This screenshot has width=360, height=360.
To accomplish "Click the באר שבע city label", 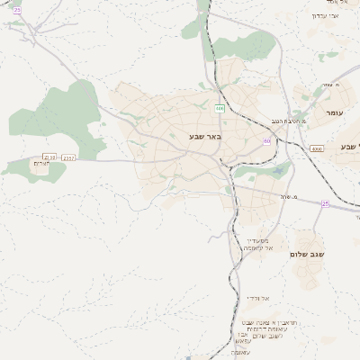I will [x=207, y=137].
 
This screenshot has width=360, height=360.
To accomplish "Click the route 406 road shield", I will [x=220, y=108].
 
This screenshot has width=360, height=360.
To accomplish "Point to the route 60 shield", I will [x=266, y=141].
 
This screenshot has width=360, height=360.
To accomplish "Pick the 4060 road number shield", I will [x=316, y=148].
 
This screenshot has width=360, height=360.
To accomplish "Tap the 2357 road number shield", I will [x=69, y=157].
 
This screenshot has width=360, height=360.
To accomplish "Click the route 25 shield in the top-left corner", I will [x=17, y=8].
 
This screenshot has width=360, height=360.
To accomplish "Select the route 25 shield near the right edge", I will [x=325, y=203].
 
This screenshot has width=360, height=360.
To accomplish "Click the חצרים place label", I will [x=40, y=164].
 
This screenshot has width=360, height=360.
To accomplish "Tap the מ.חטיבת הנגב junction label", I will [x=288, y=121].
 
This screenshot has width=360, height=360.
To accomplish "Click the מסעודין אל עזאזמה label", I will [x=258, y=244].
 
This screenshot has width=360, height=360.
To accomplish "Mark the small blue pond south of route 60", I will [x=279, y=170].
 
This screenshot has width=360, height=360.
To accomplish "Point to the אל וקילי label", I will [x=259, y=297].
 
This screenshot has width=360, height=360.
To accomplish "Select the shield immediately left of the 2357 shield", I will [x=49, y=157].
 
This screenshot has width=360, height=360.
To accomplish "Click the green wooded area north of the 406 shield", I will [x=243, y=45].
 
